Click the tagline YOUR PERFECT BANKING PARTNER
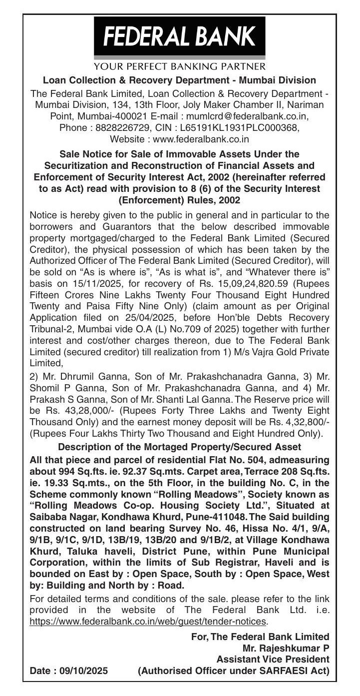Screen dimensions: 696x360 click(x=180, y=66)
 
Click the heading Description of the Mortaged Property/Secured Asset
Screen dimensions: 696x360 click(x=180, y=446)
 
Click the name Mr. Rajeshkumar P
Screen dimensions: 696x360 click(x=286, y=649)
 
